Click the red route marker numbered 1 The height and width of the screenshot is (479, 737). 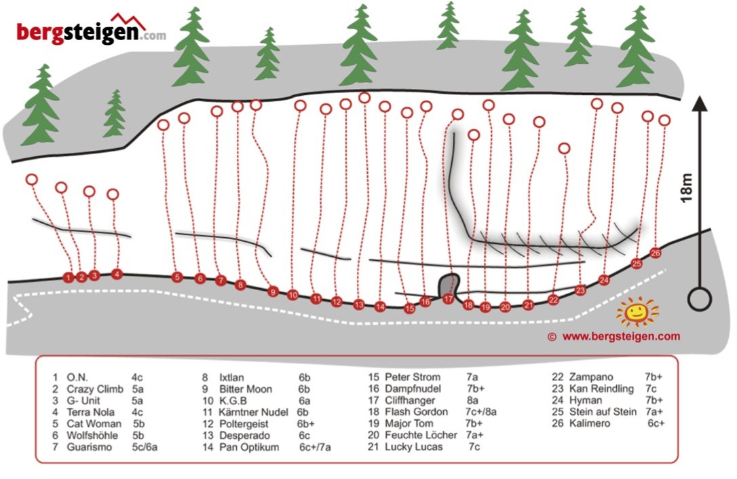[69, 278]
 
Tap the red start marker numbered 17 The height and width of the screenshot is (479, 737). [448, 298]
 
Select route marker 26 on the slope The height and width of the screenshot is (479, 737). [655, 253]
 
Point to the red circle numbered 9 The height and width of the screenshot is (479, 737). [273, 291]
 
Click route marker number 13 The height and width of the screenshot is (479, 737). [358, 304]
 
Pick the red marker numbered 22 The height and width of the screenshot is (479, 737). [553, 299]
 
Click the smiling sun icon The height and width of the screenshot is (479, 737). [637, 311]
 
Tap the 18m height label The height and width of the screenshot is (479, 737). [687, 188]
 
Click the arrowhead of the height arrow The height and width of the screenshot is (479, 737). [700, 103]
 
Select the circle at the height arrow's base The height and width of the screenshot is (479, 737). [700, 299]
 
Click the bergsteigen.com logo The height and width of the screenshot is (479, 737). [91, 29]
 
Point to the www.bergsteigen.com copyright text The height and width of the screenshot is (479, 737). [614, 336]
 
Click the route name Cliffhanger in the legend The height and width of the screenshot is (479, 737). [410, 400]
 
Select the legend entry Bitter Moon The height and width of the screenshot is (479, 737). [246, 389]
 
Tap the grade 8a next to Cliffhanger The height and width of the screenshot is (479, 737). [472, 400]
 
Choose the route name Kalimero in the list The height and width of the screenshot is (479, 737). [590, 423]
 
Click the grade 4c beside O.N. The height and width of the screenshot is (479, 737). [137, 377]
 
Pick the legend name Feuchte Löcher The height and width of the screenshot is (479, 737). [421, 435]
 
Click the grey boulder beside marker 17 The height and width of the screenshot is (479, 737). [449, 285]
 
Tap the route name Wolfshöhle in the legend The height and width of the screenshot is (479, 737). [92, 436]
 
